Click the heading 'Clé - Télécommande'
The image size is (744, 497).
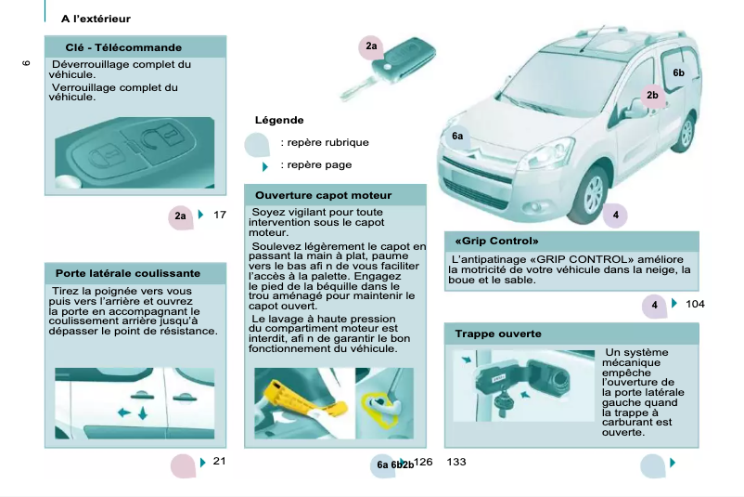123,47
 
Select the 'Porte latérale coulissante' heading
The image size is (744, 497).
127,274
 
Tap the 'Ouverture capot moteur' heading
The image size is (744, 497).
323,195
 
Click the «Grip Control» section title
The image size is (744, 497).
497,241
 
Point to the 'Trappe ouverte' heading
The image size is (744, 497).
497,334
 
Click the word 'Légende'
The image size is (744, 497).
279,120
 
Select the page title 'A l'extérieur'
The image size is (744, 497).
96,19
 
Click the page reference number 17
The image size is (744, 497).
220,216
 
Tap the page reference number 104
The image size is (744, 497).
695,305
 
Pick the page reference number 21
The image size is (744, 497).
219,462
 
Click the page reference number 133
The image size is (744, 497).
456,463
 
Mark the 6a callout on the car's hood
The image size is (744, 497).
457,137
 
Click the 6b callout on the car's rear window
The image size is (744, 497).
678,72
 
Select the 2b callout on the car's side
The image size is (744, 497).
652,95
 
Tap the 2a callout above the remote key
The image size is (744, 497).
371,46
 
